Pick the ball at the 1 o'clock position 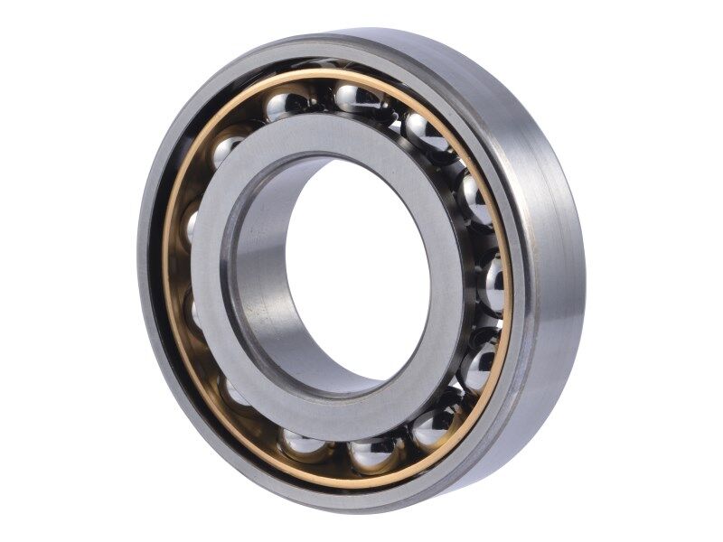coord(424,133)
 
